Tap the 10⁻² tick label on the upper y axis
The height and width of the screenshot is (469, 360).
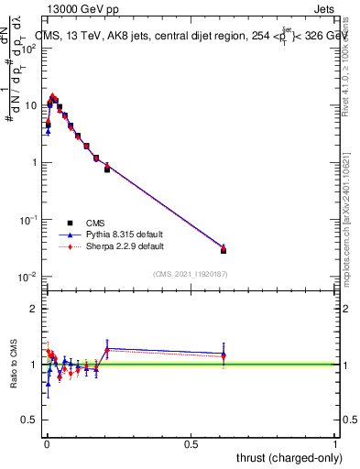[x=27, y=278]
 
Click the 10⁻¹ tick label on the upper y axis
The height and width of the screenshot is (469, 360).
[x=27, y=220]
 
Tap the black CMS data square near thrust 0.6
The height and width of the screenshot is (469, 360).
[x=224, y=250]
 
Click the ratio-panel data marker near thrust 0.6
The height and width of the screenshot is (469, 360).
[x=224, y=355]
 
